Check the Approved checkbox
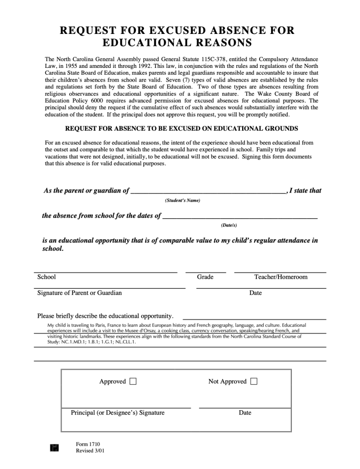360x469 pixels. [133, 381]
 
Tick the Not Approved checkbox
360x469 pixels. [254, 381]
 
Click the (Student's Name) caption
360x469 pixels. [183, 200]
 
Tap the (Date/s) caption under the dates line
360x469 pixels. [229, 225]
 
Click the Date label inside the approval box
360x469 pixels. [245, 413]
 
